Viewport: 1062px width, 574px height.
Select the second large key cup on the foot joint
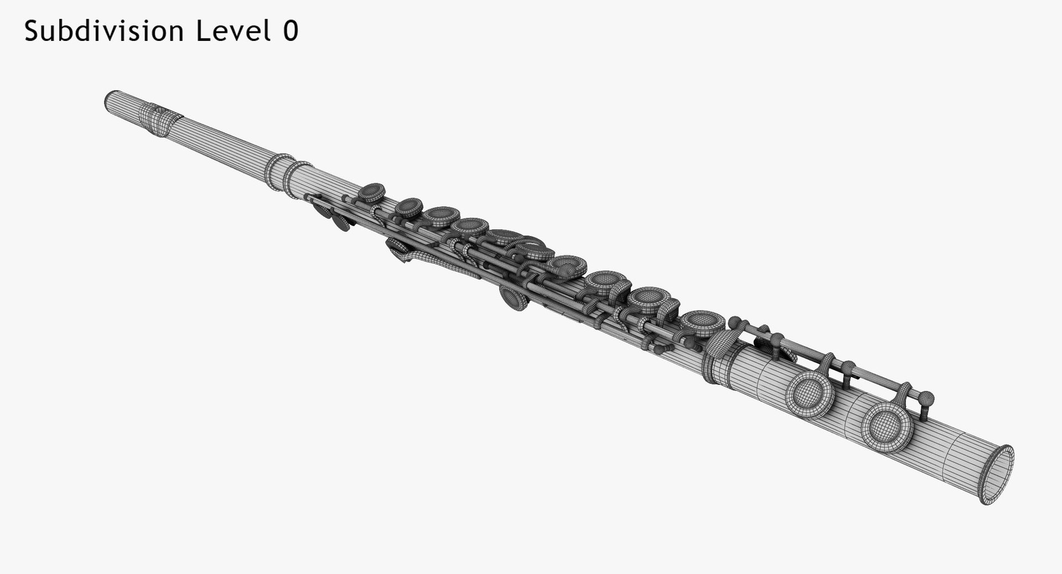[x=810, y=393]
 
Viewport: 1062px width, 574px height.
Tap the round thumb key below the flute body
[x=514, y=299]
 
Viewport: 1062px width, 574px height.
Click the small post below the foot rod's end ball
[x=923, y=410]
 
